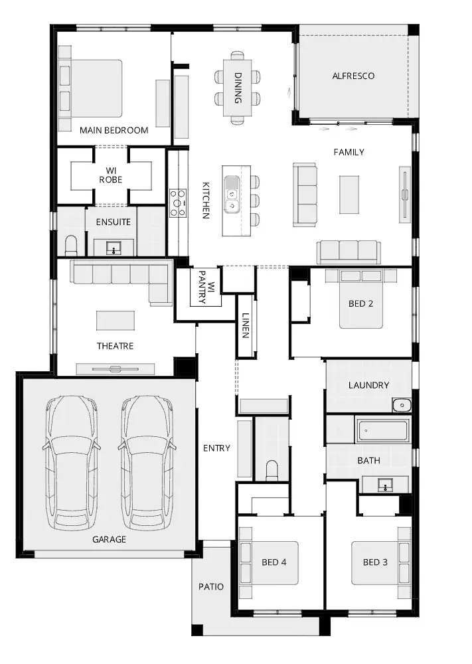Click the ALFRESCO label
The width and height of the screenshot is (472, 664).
coord(353,76)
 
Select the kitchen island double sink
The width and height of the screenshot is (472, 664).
coord(232,194)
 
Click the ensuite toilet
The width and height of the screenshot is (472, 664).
coord(70,246)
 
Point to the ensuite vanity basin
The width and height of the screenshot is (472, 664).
coord(114,248)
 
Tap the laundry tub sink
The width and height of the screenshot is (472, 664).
coord(401,405)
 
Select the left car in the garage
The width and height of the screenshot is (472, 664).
coord(71,463)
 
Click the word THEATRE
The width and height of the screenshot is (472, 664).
coord(115,346)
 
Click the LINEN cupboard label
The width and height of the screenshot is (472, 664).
coord(245,325)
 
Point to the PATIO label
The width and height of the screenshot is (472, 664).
coord(211,587)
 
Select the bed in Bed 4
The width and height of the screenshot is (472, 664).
coord(269,563)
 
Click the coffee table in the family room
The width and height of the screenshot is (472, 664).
coord(349,195)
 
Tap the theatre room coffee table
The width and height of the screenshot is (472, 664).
coord(116,321)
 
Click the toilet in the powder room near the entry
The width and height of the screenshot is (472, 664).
coord(272,470)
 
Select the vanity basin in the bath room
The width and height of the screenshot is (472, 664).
coord(385,485)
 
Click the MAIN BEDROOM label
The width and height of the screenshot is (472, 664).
coord(114,130)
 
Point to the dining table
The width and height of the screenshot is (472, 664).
coord(238,88)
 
